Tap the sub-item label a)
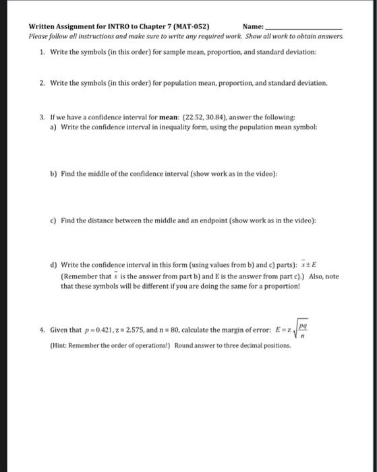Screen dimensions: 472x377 pos(53,126)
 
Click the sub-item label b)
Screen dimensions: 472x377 pos(53,173)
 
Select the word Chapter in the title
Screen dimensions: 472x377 pos(134,27)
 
